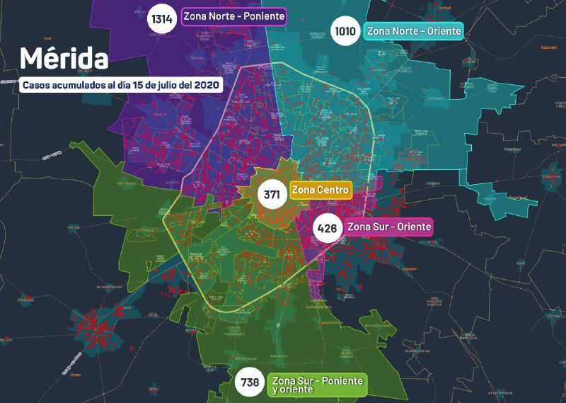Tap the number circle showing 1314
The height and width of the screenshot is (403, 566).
(x=162, y=18)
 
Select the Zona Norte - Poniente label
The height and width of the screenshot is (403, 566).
(x=233, y=16)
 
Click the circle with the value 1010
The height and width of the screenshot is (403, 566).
(x=346, y=31)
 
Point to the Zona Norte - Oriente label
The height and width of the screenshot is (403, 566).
(x=413, y=31)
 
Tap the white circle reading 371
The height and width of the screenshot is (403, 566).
(x=272, y=193)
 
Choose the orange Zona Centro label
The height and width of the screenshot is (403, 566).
(x=320, y=190)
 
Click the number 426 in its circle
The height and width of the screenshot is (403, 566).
(x=327, y=228)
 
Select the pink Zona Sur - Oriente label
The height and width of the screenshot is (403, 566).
(x=388, y=227)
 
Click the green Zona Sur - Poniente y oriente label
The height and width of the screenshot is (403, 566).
(x=317, y=385)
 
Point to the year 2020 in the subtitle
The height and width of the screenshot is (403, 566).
(x=206, y=85)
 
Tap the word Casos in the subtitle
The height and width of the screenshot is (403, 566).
(x=35, y=85)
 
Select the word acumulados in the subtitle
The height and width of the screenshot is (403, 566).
(x=78, y=85)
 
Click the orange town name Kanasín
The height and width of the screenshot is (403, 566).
(x=410, y=268)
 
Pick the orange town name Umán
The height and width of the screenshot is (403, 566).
(x=76, y=374)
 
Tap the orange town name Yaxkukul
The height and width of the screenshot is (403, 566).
(x=549, y=48)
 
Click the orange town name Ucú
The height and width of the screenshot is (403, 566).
(x=48, y=38)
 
